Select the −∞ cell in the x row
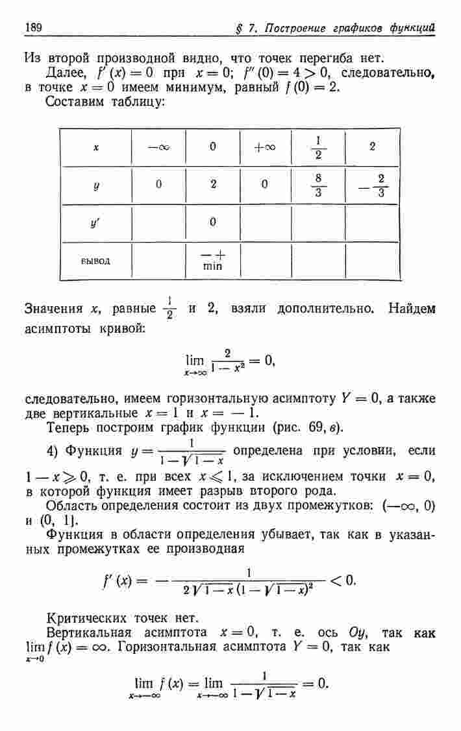tap(158, 147)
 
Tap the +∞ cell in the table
tap(265, 147)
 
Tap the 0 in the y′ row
tap(212, 223)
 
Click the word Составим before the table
tap(76, 104)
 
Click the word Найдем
tap(412, 309)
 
